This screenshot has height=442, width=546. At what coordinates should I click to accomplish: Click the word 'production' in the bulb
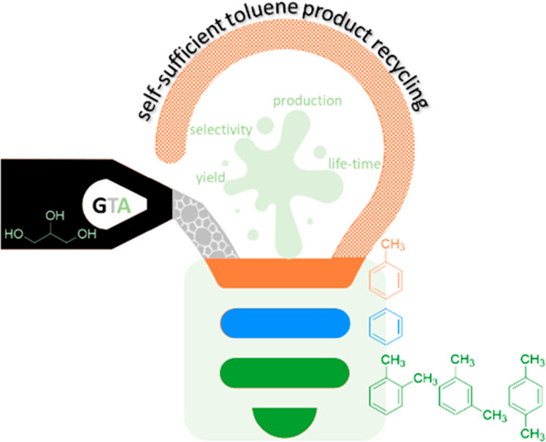[306, 101]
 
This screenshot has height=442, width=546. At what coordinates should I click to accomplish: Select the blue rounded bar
[285, 323]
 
